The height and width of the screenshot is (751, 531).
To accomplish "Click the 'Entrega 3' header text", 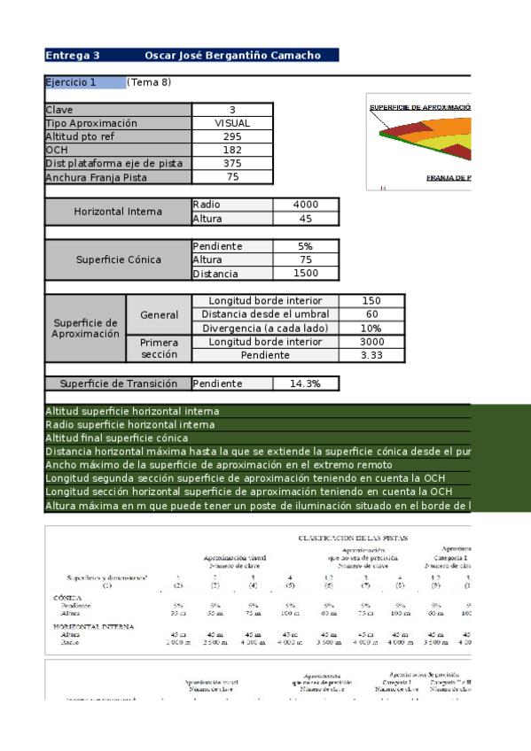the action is pos(73,55).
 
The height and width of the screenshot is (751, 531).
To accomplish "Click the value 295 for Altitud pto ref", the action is pos(232,137).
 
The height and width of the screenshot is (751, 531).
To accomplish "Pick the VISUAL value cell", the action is pos(232,124).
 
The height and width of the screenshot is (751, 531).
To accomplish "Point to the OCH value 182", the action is pos(232,151).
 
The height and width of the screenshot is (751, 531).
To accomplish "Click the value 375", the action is pos(232,164).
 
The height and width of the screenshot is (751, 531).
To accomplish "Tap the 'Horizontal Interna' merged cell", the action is pos(118,212).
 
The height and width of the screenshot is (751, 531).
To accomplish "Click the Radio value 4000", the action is pos(305,205).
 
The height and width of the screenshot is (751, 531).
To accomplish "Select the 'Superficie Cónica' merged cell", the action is pos(118,260).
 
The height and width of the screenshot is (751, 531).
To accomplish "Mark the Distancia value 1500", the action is pos(305,274).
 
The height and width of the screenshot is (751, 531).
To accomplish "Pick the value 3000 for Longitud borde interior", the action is pos(371,342).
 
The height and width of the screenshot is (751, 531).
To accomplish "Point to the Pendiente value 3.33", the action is pos(371,355).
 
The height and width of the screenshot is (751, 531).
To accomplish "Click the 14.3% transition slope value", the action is pos(305,383).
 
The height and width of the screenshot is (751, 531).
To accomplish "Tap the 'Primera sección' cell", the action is pos(160,348).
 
